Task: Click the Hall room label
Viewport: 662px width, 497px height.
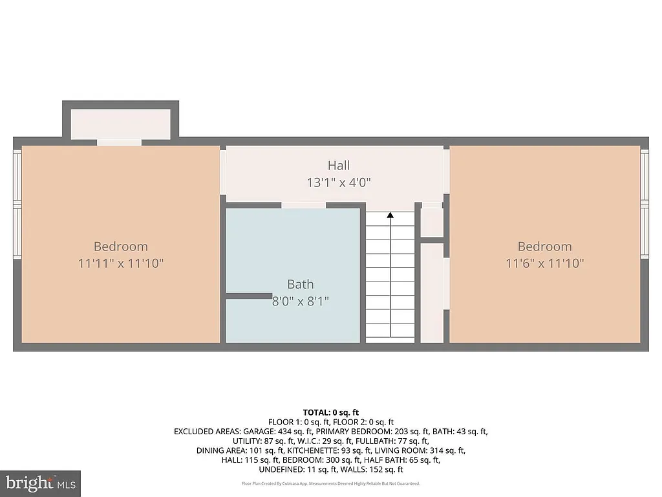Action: click(339, 166)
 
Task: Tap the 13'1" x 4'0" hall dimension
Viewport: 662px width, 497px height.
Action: click(339, 182)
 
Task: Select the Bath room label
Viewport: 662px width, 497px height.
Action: click(301, 284)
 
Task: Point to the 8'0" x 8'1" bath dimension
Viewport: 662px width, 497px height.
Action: click(301, 301)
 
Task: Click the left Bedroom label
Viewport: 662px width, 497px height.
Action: click(121, 247)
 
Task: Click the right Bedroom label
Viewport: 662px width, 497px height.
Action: click(544, 247)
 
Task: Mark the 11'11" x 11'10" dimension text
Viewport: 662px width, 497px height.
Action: click(121, 263)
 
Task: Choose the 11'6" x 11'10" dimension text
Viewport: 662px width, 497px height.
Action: click(544, 263)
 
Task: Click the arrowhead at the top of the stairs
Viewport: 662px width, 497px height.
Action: click(390, 216)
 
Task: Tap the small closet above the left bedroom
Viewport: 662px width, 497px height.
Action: click(120, 123)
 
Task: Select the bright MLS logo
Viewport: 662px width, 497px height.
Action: click(40, 483)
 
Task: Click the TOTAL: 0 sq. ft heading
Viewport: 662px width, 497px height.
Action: click(330, 412)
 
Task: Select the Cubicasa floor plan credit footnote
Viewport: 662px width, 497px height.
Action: click(330, 483)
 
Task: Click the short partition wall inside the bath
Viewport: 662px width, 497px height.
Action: click(248, 296)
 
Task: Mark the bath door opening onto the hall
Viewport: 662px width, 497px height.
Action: click(304, 205)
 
